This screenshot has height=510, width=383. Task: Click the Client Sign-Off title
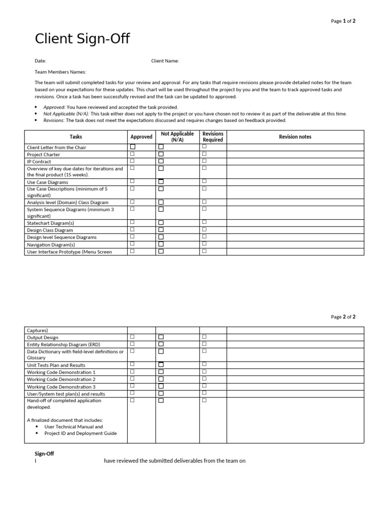[x=82, y=39]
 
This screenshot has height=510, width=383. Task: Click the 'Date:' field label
[x=40, y=61]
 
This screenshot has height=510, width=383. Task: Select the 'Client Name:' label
[x=165, y=61]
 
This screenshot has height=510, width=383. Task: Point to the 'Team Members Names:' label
[x=60, y=72]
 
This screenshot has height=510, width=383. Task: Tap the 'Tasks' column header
[x=76, y=136]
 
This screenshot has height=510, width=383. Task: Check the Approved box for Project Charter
[x=133, y=154]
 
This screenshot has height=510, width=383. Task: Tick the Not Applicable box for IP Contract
[x=161, y=161]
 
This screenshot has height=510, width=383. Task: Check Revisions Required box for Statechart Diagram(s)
[x=204, y=223]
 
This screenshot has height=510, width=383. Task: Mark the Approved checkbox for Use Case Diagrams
[x=133, y=182]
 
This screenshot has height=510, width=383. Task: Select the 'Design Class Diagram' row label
[x=50, y=231]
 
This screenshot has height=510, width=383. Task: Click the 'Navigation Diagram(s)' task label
[x=51, y=245]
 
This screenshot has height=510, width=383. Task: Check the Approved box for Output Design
[x=133, y=337]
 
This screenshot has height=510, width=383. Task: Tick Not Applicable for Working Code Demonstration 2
[x=161, y=379]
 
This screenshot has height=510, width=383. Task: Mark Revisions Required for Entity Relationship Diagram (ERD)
[x=204, y=344]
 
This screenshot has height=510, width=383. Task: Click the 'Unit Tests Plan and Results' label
[x=56, y=365]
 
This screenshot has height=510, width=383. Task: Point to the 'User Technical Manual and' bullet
[x=73, y=427]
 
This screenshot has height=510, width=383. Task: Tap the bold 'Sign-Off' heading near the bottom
[x=44, y=454]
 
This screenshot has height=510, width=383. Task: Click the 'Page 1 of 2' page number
[x=343, y=21]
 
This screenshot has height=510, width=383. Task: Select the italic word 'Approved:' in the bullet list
[x=54, y=107]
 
